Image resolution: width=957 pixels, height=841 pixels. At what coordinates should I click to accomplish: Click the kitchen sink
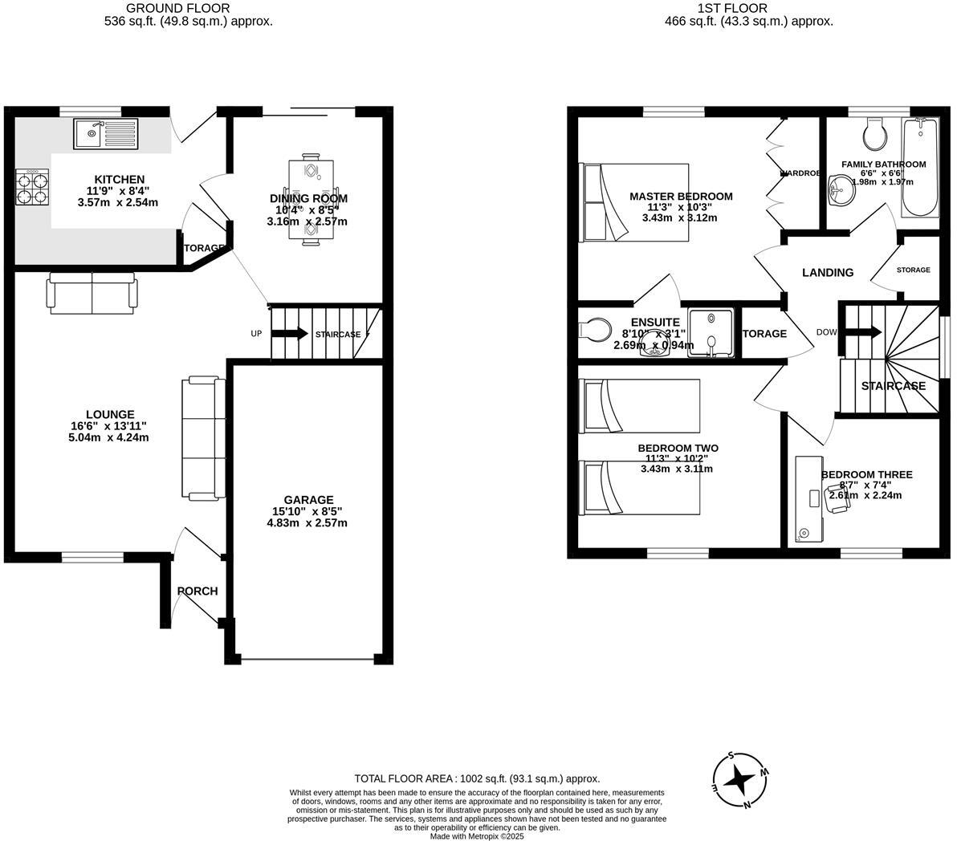[x=107, y=133]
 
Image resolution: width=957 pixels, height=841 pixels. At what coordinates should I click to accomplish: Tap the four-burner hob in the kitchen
[x=33, y=187]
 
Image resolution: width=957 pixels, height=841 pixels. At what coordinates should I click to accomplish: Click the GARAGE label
[x=307, y=500]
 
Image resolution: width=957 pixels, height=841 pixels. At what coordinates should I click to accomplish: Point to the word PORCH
[x=198, y=591]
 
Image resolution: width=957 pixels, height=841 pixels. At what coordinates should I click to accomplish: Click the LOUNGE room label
[x=112, y=415]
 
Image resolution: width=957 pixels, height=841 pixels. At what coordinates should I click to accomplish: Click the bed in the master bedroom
[x=635, y=202]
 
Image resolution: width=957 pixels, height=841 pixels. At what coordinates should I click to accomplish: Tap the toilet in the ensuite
[x=594, y=331]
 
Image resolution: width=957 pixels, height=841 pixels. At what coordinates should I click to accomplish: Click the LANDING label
[x=828, y=273]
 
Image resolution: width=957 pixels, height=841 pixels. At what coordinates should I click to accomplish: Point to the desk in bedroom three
[x=807, y=498]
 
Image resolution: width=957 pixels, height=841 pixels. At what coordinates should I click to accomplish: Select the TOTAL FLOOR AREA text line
[x=477, y=778]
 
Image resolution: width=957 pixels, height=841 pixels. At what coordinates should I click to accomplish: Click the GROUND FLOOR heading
[x=166, y=8]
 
